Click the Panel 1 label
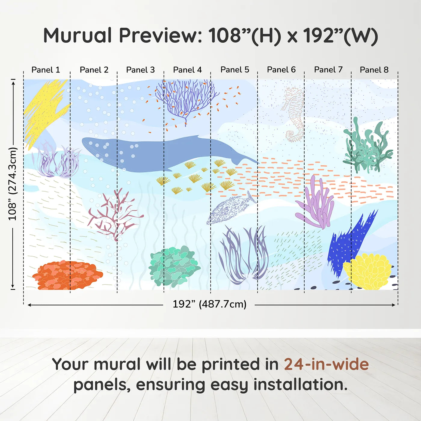tap(46, 70)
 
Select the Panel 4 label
tap(187, 70)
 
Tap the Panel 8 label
tap(374, 70)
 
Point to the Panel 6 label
tap(281, 70)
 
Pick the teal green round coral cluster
tap(174, 266)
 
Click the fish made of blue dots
tap(230, 209)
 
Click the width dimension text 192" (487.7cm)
tap(209, 304)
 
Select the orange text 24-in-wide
tap(326, 364)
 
